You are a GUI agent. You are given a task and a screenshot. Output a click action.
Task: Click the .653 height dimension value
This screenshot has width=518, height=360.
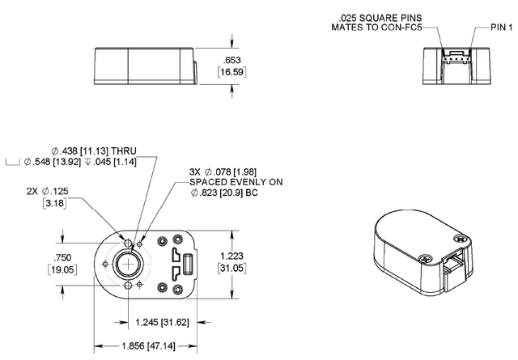tap(232, 60)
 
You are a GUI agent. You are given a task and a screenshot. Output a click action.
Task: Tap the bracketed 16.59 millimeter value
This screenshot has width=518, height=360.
tap(232, 72)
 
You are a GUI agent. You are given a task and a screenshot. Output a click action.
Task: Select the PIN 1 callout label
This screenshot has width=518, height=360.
tap(502, 27)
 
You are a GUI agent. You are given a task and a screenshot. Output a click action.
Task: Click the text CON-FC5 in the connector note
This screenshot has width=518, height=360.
tap(401, 27)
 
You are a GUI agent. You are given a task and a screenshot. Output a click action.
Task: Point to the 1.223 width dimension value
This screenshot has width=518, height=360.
tap(232, 256)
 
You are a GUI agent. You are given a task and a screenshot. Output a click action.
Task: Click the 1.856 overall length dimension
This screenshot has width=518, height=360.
tap(134, 346)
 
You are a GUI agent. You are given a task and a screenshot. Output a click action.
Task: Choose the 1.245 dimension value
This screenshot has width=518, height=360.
tap(147, 322)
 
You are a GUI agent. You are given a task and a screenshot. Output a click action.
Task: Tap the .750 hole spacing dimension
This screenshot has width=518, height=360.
tap(62, 257)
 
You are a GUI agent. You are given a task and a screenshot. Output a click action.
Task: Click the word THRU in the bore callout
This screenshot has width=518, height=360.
tap(124, 151)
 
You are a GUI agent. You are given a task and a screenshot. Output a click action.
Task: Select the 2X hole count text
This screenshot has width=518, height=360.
tap(32, 191)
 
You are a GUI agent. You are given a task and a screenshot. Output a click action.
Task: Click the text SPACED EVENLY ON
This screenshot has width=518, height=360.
tap(236, 182)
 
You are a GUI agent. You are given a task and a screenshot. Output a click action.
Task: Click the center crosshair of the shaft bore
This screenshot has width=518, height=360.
tap(128, 265)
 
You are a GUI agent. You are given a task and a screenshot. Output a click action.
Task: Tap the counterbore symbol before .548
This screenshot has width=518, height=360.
tap(13, 162)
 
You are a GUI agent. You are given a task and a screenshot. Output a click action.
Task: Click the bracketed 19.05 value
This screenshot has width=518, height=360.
tap(62, 269)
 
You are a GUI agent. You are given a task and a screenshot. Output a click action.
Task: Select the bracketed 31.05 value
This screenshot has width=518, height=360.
tap(232, 268)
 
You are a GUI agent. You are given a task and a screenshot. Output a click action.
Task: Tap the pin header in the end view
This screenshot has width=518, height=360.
tap(456, 57)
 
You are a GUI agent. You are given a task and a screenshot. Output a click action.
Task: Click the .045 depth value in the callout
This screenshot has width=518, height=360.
tap(102, 162)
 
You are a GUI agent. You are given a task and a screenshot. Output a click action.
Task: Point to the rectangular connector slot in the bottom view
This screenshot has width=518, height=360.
tap(188, 265)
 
